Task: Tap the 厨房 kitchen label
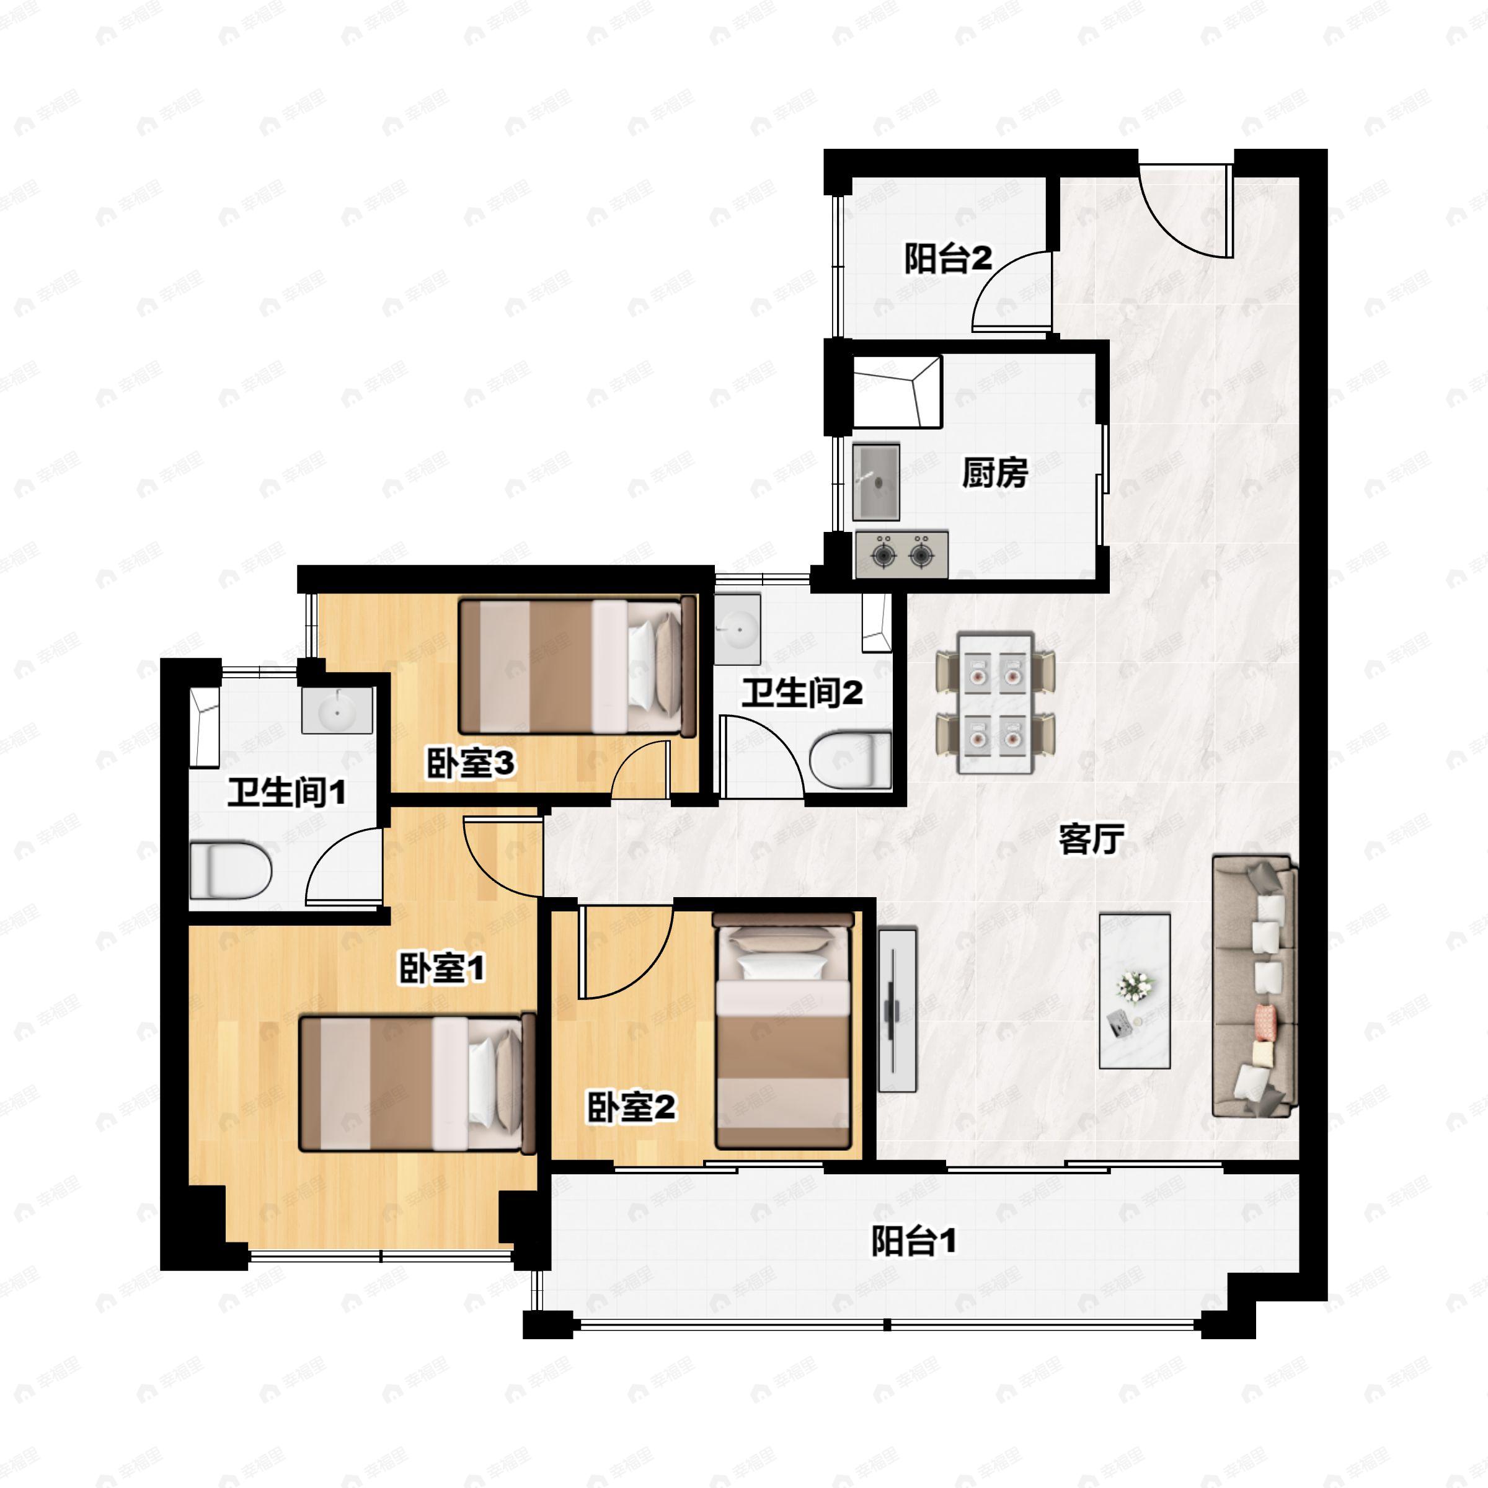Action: point(994,473)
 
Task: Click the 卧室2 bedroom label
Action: point(632,1107)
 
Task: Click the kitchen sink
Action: point(877,481)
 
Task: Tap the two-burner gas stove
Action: point(901,553)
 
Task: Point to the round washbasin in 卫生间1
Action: point(337,710)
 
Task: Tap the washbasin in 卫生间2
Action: point(738,629)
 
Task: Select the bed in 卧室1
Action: point(417,1083)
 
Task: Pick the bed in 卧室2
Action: point(783,1030)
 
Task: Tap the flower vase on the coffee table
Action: point(1135,988)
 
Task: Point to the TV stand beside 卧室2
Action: point(897,1010)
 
